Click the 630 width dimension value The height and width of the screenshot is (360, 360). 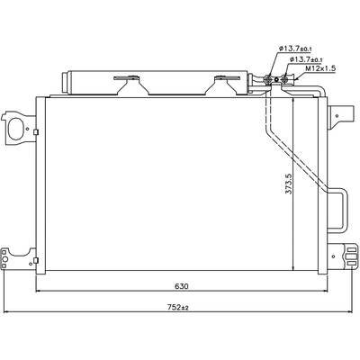tap(182, 286)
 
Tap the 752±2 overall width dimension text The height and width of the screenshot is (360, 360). tap(178, 307)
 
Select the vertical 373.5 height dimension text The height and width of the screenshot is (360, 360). tap(288, 184)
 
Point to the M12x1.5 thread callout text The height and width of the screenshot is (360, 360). tap(320, 68)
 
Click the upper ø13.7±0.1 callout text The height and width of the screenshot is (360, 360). tap(295, 48)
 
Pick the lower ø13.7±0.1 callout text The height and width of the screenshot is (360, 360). tap(306, 59)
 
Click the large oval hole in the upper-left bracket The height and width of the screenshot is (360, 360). tap(15, 129)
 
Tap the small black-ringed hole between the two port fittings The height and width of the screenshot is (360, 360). tap(276, 79)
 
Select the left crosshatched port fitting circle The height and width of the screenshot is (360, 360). tap(268, 79)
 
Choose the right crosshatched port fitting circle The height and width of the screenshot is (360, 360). tap(284, 79)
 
